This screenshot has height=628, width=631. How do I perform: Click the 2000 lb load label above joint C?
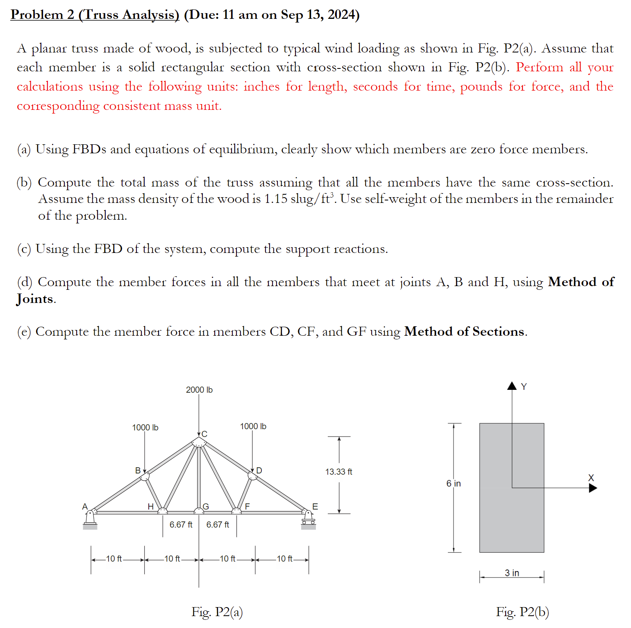(199, 390)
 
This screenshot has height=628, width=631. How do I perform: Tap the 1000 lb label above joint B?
(145, 428)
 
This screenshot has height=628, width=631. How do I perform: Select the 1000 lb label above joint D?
(253, 426)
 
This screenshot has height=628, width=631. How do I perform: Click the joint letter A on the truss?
(85, 507)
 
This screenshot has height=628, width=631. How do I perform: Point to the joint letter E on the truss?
(315, 507)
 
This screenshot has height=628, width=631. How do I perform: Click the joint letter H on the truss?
(150, 507)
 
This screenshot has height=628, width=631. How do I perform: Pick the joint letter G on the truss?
(206, 507)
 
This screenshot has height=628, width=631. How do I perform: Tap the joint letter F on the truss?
(247, 507)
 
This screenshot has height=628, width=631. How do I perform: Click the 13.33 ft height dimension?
(338, 472)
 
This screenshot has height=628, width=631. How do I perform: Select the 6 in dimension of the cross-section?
(453, 484)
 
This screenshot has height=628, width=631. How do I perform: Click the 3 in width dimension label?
(512, 573)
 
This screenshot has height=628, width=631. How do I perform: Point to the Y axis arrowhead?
(512, 386)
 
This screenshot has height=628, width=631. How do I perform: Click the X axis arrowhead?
(593, 488)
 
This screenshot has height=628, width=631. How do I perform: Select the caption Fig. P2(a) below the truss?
(217, 612)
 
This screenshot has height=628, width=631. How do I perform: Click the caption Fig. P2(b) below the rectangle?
(522, 612)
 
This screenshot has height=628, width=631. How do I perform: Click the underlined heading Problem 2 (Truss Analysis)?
(95, 14)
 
